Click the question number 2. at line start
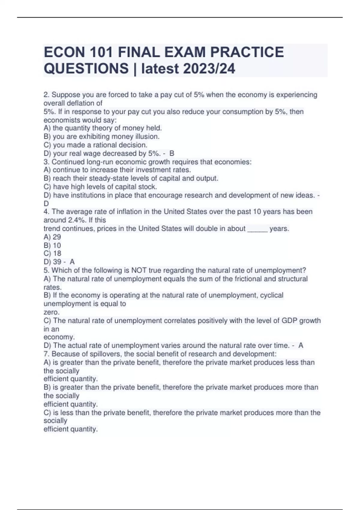(46, 95)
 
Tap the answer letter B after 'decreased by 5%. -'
(172, 153)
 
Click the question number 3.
(46, 162)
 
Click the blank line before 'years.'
(257, 229)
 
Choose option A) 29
(52, 237)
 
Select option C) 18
(52, 253)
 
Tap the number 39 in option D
(57, 262)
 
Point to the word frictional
(248, 279)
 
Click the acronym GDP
(289, 320)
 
